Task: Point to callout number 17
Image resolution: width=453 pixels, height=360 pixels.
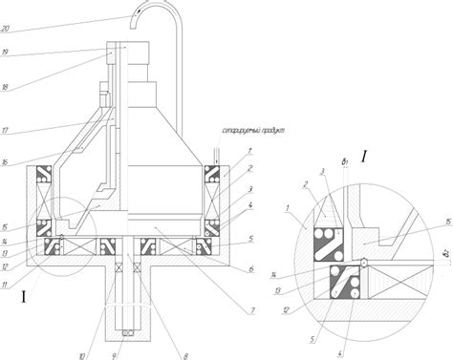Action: (x=7, y=130)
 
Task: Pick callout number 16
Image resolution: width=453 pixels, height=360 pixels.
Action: (x=7, y=162)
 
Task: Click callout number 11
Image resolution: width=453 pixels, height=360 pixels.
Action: (x=9, y=285)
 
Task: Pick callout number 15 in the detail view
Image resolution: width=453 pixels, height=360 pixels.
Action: (x=447, y=223)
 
